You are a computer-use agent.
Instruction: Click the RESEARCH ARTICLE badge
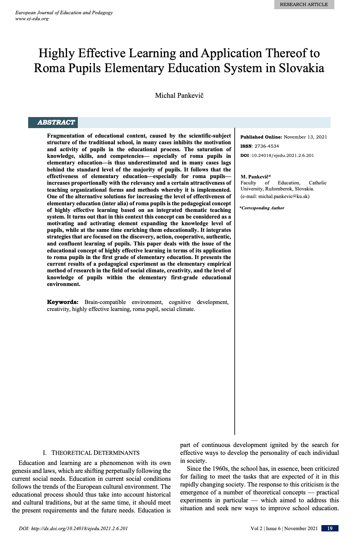click(x=304, y=4)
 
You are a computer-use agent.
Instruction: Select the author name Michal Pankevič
click(x=179, y=96)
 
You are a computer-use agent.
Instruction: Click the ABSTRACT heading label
click(x=56, y=122)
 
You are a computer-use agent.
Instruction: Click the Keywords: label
click(x=63, y=302)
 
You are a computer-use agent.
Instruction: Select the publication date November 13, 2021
click(x=305, y=137)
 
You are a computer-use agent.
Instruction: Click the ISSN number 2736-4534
click(x=267, y=146)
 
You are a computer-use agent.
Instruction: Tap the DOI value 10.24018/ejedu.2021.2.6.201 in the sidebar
click(x=283, y=155)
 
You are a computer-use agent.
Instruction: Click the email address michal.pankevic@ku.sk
click(x=284, y=196)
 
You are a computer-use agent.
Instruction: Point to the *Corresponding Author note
click(x=262, y=208)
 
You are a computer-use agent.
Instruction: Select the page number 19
click(x=330, y=528)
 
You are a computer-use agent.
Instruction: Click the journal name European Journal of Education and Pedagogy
click(x=64, y=13)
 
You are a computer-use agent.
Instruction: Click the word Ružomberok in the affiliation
click(x=279, y=189)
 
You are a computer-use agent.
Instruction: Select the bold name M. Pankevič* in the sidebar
click(x=256, y=177)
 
